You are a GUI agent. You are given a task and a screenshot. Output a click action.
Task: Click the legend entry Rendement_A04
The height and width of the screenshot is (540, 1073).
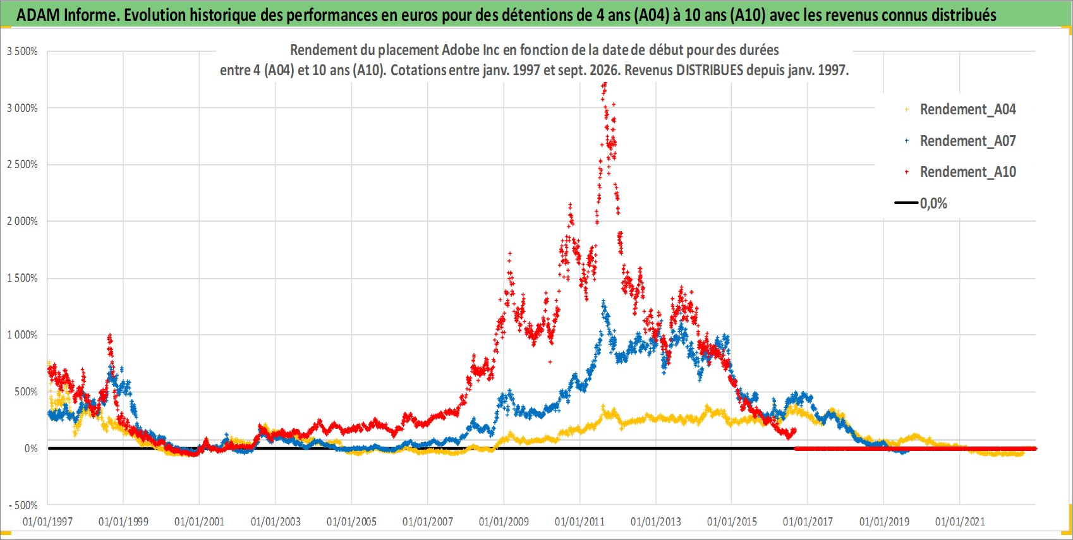(967, 110)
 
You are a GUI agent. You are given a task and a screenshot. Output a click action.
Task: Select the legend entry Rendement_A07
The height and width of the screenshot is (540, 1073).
(967, 141)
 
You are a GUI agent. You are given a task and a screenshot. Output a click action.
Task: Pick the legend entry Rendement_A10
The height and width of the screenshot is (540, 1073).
(967, 172)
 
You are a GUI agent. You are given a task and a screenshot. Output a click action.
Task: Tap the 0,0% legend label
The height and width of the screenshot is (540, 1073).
(933, 203)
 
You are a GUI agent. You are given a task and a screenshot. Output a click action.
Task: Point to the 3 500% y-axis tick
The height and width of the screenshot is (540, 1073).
(22, 51)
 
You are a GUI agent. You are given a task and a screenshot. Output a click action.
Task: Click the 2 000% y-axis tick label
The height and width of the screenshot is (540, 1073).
(22, 221)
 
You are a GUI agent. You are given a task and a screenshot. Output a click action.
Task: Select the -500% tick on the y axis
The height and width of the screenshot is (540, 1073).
(23, 505)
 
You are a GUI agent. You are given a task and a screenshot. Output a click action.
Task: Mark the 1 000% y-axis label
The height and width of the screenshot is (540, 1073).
(22, 335)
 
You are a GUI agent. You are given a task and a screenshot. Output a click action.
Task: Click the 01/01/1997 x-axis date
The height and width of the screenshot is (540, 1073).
(47, 521)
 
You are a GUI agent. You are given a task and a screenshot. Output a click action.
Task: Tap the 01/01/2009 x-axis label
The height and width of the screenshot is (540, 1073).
(504, 521)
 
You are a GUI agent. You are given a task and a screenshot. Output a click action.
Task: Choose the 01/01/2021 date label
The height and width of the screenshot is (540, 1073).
(960, 521)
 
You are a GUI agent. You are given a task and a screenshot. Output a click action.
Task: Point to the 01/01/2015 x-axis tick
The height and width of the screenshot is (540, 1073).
(732, 521)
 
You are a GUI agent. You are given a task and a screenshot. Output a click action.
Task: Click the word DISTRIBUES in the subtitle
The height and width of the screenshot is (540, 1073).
(710, 70)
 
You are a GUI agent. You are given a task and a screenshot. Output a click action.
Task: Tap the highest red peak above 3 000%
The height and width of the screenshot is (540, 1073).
(605, 84)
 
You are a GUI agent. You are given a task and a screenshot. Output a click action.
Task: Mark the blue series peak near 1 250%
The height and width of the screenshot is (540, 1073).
(603, 302)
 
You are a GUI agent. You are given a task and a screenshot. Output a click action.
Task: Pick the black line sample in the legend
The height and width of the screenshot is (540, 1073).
(906, 203)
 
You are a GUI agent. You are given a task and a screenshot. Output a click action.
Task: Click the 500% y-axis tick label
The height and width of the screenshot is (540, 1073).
(26, 392)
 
